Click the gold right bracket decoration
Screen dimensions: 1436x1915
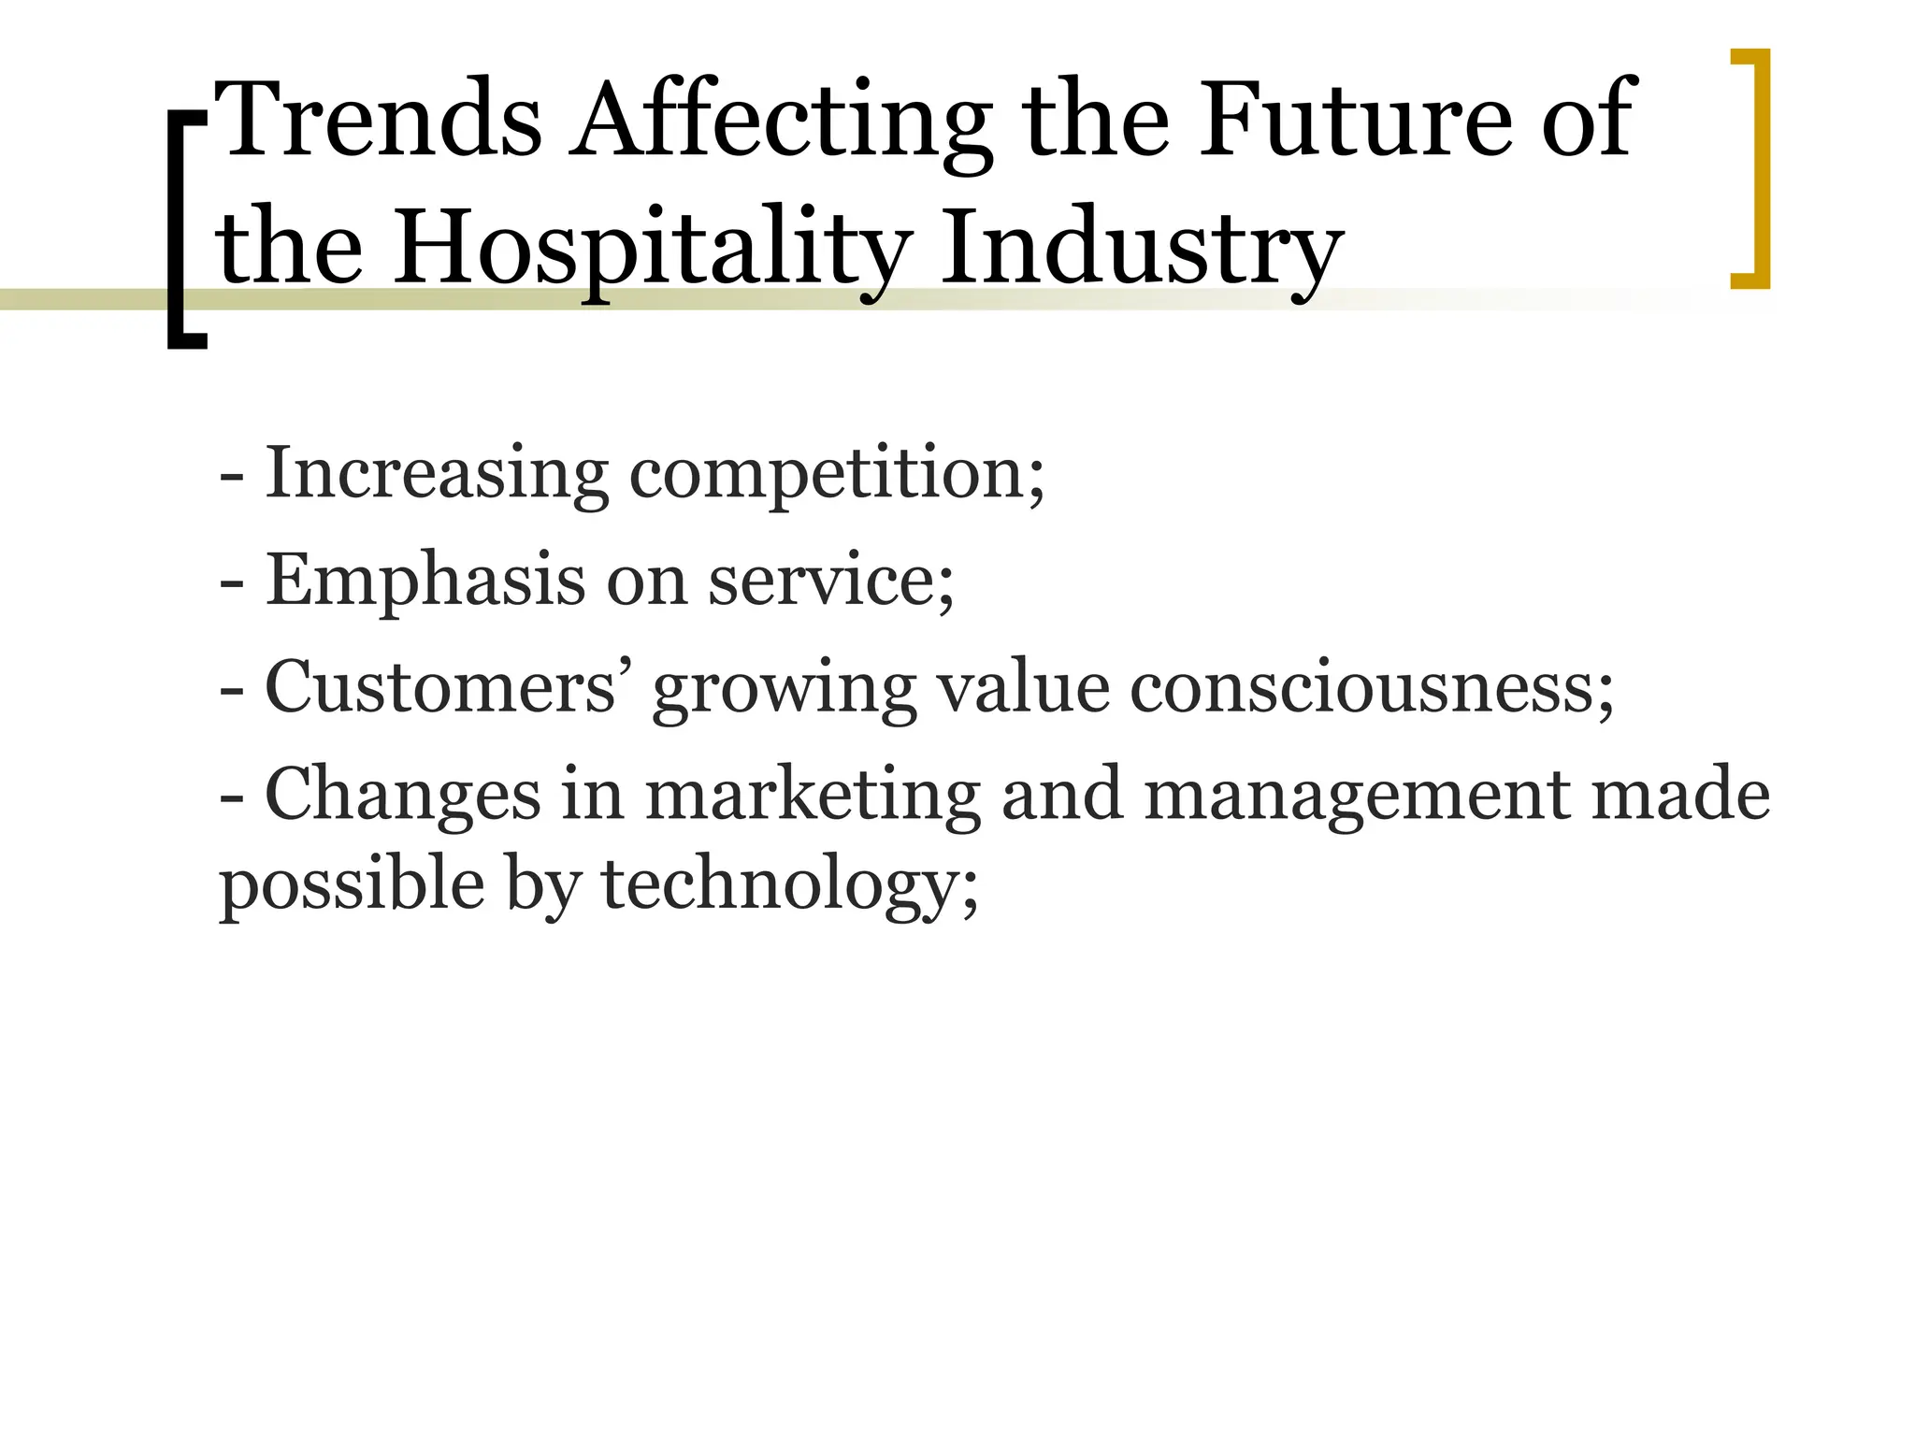click(x=1752, y=168)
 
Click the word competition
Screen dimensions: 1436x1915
click(x=836, y=475)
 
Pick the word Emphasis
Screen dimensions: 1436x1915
click(x=425, y=581)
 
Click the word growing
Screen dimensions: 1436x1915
click(x=785, y=692)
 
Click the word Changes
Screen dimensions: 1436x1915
click(x=403, y=795)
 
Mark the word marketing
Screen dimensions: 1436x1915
click(x=813, y=797)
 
